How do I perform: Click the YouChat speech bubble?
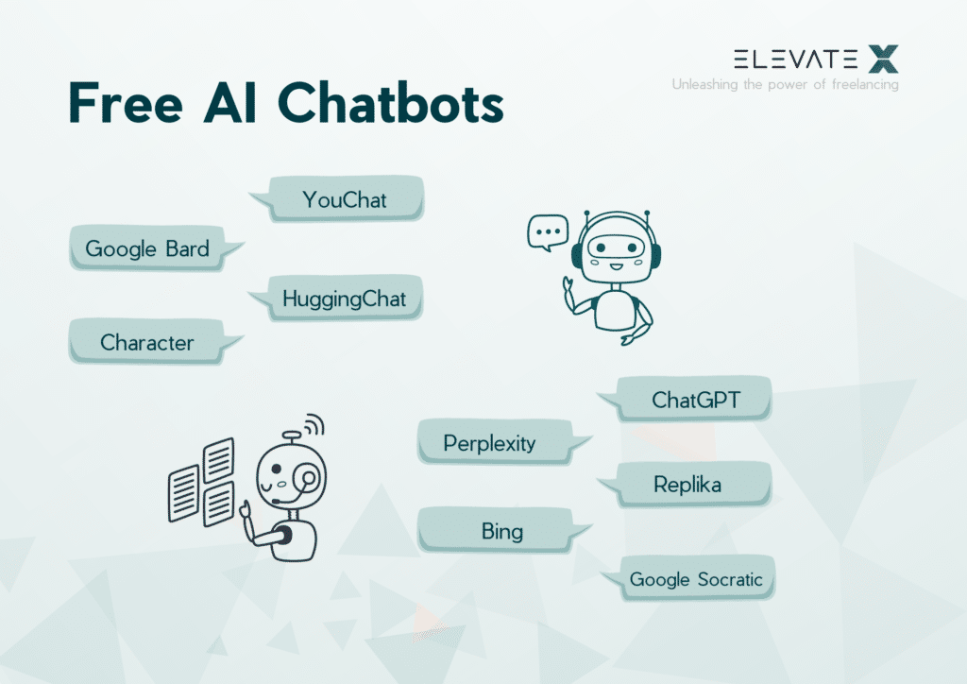345,199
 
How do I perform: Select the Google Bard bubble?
147,249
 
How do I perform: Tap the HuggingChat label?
344,299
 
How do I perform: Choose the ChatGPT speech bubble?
695,400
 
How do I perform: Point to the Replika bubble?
687,485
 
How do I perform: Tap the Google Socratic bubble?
696,578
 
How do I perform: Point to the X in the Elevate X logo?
883,60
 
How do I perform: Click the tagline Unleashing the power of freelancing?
785,85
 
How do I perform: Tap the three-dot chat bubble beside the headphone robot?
547,231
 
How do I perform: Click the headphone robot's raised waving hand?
569,286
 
